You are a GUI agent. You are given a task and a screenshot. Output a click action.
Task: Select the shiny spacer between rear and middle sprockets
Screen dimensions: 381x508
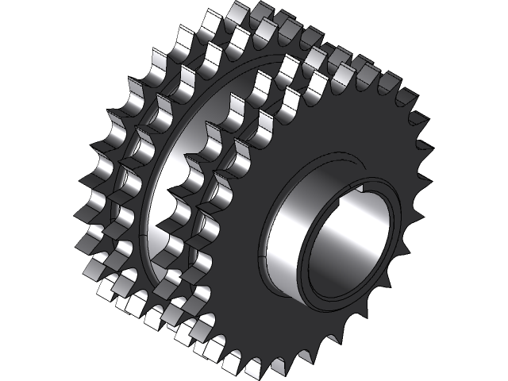point(159,198)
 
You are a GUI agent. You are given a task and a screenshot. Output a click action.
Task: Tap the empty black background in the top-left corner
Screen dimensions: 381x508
point(32,32)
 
